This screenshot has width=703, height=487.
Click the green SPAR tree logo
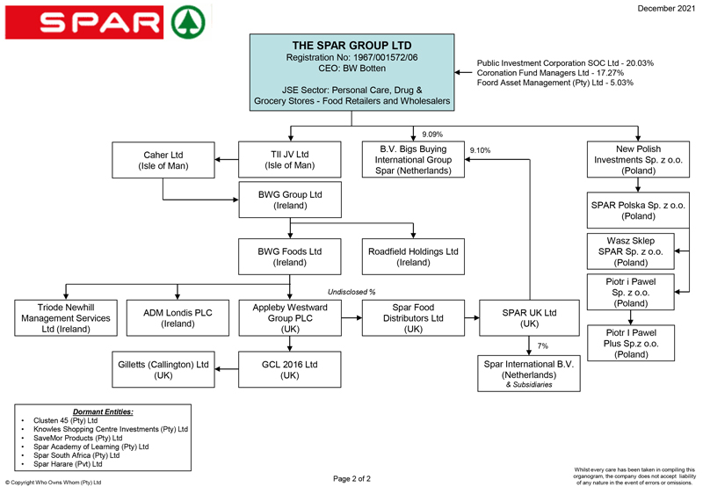pyautogui.click(x=189, y=23)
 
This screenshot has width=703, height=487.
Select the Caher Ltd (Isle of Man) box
pyautogui.click(x=163, y=160)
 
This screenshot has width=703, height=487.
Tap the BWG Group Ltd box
pyautogui.click(x=290, y=200)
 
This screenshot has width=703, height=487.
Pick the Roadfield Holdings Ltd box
pyautogui.click(x=413, y=257)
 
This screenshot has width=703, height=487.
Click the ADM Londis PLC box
pyautogui.click(x=178, y=318)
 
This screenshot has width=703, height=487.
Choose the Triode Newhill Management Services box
pyautogui.click(x=66, y=318)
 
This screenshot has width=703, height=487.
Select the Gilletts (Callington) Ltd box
pyautogui.click(x=163, y=369)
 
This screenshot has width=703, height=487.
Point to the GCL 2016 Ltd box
pyautogui.click(x=290, y=369)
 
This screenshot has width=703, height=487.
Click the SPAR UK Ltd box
pyautogui.click(x=530, y=318)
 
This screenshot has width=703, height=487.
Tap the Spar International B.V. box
pyautogui.click(x=529, y=374)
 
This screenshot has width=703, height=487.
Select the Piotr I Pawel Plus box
pyautogui.click(x=631, y=343)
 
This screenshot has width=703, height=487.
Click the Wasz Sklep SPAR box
pyautogui.click(x=631, y=251)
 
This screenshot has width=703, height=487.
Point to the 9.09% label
pyautogui.click(x=432, y=134)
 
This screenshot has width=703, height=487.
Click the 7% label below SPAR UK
pyautogui.click(x=542, y=345)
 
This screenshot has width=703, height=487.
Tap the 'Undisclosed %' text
pyautogui.click(x=351, y=292)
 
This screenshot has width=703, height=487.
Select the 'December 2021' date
pyautogui.click(x=666, y=9)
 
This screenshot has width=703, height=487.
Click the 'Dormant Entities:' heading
pyautogui.click(x=103, y=411)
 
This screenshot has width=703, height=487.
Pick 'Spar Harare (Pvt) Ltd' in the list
pyautogui.click(x=68, y=464)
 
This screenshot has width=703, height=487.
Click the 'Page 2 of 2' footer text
pyautogui.click(x=352, y=478)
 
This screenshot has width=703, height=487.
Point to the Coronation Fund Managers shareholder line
pyautogui.click(x=550, y=73)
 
